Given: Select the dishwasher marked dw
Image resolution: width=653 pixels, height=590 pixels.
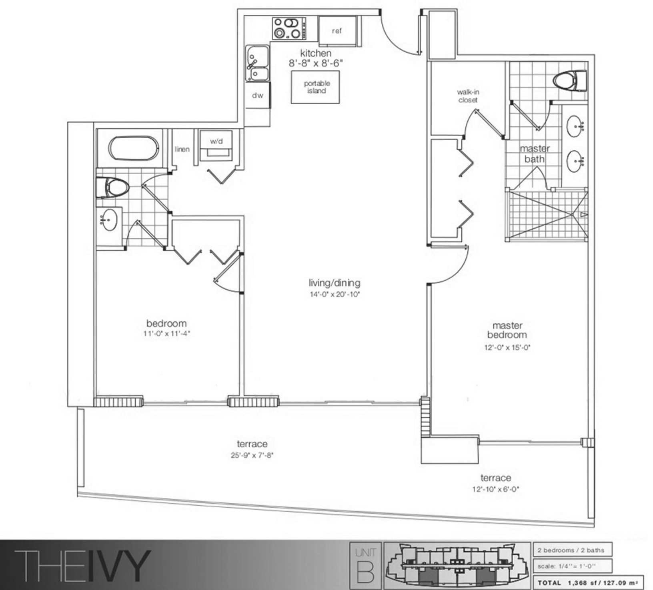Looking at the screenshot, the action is pos(258,95).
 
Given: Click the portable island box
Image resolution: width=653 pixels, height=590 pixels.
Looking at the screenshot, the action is pos(315,87).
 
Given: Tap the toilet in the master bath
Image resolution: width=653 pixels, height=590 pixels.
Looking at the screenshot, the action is pos(570,81).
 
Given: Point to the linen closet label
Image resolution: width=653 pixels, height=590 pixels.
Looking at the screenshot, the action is pos(182,149).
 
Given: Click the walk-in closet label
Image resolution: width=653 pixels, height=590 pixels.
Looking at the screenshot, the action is pos(468,96).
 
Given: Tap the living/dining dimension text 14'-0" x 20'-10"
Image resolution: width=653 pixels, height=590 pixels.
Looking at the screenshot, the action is pos(335,295).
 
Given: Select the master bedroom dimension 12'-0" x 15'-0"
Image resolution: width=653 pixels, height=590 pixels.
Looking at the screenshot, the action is pos(507,347).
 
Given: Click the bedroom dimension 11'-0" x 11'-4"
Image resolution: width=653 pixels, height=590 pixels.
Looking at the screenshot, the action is pos(166,333).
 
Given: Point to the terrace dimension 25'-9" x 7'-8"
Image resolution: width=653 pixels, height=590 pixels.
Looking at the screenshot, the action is pos(252,455).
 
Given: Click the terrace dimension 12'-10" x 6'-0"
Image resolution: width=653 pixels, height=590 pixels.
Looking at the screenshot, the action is pos(496,489).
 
